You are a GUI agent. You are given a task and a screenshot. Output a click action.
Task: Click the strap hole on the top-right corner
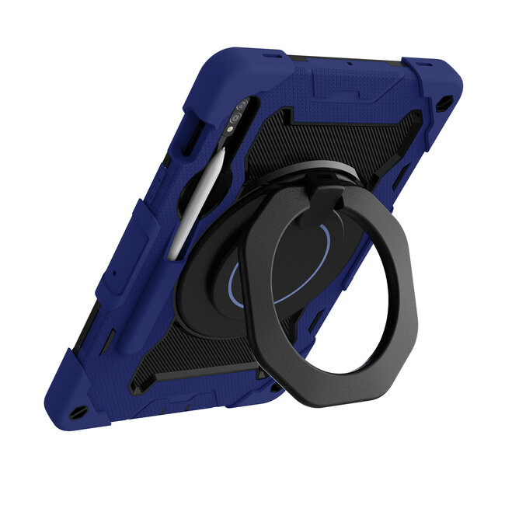coord(444,104)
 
